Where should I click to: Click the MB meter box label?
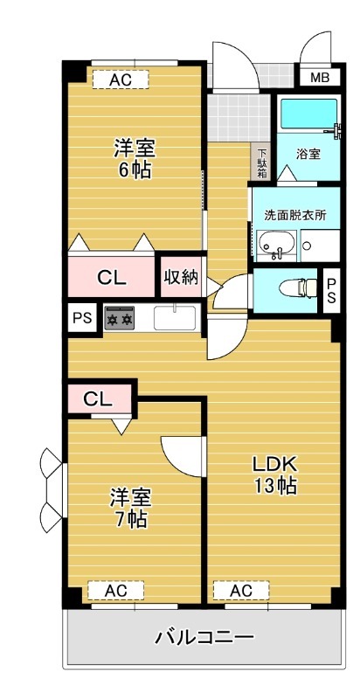pos(320,78)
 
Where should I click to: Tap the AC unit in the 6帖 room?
pos(121,80)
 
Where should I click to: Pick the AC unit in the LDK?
pos(241,592)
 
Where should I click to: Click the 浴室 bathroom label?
pos(308,155)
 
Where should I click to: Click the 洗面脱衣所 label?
pos(295,215)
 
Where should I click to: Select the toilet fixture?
pos(295,287)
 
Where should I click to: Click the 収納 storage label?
pos(181,278)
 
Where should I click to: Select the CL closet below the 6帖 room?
pos(112,279)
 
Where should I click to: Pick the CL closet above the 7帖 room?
pos(98,399)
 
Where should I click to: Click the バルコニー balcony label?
pos(204,636)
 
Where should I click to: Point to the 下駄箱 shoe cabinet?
pos(262,163)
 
